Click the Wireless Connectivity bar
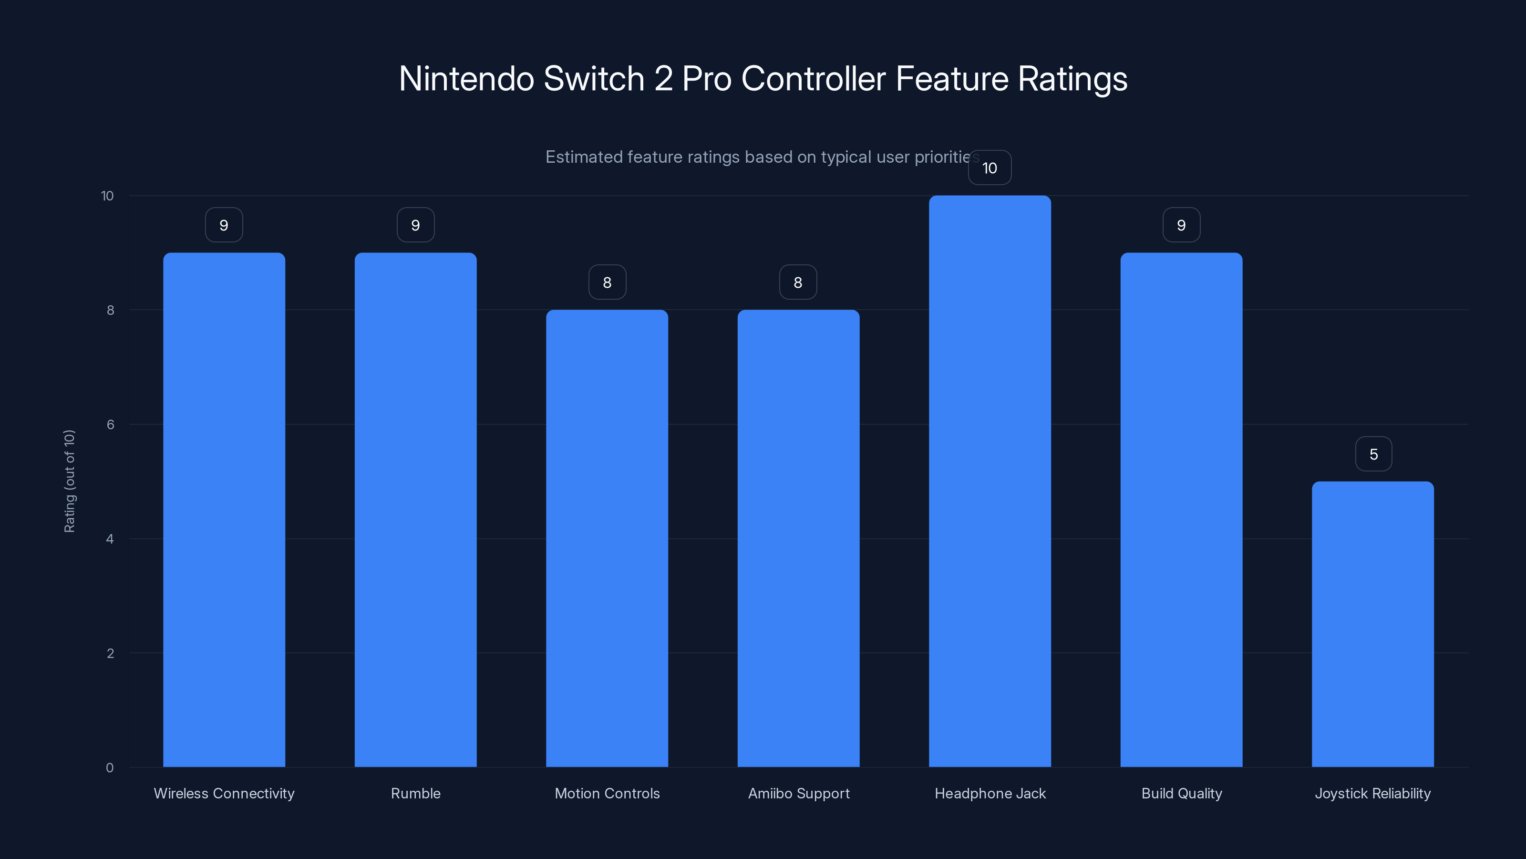[x=224, y=510]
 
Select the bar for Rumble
[x=415, y=510]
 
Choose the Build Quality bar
[x=1181, y=510]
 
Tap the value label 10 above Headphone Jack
[x=990, y=168]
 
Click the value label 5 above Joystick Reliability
[x=1373, y=454]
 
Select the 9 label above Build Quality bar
[x=1181, y=225]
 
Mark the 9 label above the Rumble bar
[x=415, y=225]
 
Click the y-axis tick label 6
[x=110, y=424]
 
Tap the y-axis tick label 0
[x=110, y=768]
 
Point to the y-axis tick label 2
[x=110, y=653]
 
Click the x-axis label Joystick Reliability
[x=1372, y=793]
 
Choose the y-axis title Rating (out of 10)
[x=69, y=482]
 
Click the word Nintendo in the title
[x=466, y=79]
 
